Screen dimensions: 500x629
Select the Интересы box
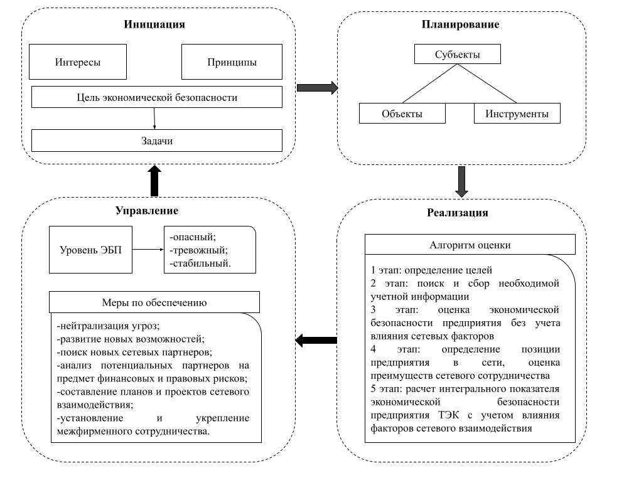tap(78, 62)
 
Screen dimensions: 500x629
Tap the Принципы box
tap(232, 62)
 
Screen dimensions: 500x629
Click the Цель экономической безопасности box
tap(157, 97)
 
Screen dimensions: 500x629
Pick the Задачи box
tap(157, 141)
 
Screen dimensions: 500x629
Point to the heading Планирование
tap(460, 24)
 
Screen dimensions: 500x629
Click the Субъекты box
tap(458, 54)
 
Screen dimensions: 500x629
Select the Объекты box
tap(402, 114)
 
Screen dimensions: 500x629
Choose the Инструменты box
tap(517, 114)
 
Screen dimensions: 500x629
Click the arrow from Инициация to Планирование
tap(317, 87)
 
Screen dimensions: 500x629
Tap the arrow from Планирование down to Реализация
tap(462, 182)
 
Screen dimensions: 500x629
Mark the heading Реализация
tap(458, 212)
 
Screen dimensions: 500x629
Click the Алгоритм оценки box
tap(470, 245)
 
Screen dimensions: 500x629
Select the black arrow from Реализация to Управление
tap(316, 341)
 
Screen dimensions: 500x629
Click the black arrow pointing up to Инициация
tap(154, 181)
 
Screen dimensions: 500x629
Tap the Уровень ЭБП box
tap(91, 250)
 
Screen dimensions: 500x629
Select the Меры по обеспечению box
tap(154, 302)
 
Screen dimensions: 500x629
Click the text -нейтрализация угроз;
tap(108, 326)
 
